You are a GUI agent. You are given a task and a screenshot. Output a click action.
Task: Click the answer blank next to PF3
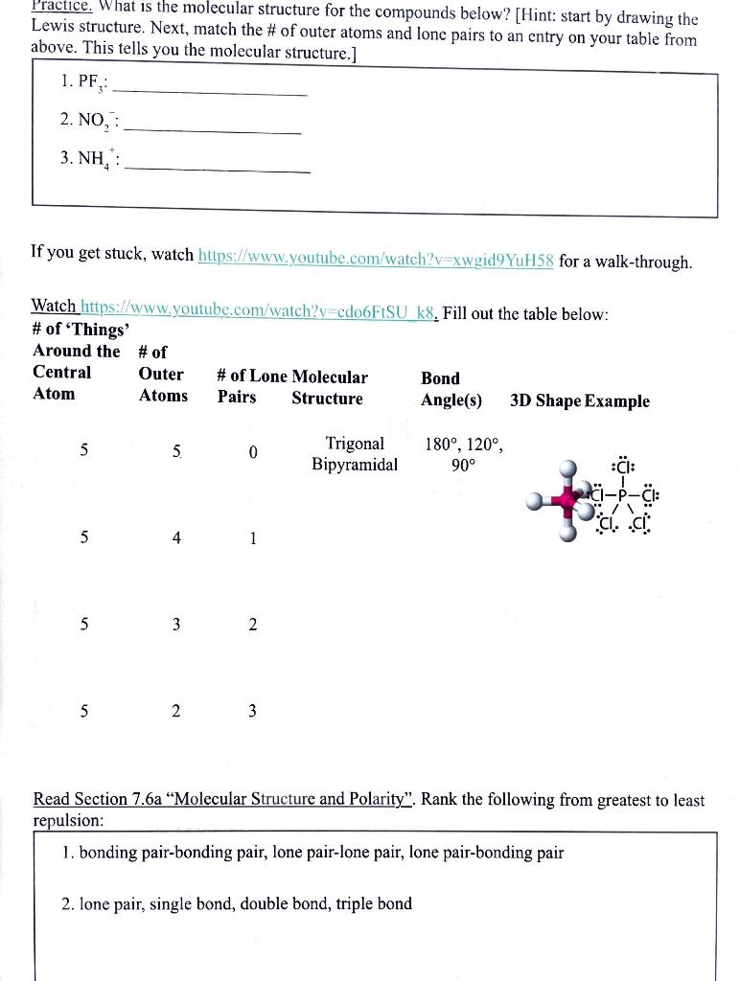click(211, 94)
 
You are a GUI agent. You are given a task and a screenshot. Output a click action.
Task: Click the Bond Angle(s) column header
click(451, 389)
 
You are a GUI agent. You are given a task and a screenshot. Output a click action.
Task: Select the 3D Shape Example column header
click(579, 400)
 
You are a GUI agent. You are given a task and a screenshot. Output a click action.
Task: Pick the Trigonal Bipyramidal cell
click(354, 454)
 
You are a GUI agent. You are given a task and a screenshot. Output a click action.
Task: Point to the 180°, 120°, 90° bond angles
click(464, 454)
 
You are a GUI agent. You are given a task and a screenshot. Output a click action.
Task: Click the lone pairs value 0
click(253, 452)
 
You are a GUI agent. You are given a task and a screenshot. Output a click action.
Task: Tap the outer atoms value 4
click(176, 538)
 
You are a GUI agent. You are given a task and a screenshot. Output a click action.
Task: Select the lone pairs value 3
click(252, 711)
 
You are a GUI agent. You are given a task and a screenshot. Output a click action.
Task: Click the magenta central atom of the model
click(570, 499)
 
